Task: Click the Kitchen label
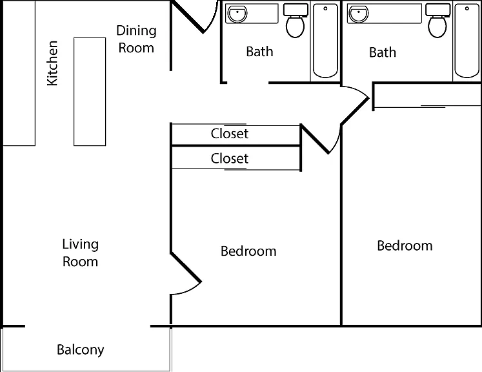tap(52, 63)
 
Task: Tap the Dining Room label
tap(137, 39)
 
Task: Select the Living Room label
tap(80, 253)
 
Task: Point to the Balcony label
tap(81, 350)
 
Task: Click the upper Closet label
tap(229, 134)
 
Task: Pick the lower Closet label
tap(229, 158)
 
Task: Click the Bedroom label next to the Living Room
tap(248, 251)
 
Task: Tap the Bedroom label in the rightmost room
tap(405, 245)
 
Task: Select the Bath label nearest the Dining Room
tap(259, 52)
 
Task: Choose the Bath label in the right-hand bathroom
tap(383, 52)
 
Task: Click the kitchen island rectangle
tap(90, 92)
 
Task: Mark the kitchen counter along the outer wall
tap(19, 73)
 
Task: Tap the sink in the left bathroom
tap(237, 14)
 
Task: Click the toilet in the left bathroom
tap(296, 20)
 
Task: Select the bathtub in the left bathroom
tap(325, 41)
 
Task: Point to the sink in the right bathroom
tap(358, 14)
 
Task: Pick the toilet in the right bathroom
tap(437, 20)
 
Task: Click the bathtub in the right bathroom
tap(467, 41)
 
